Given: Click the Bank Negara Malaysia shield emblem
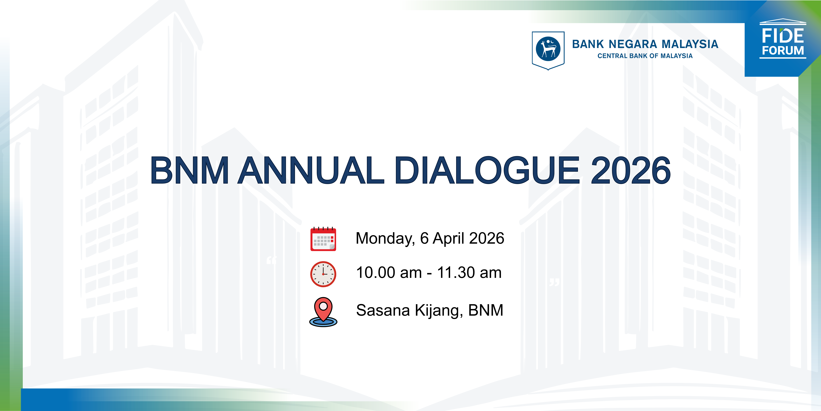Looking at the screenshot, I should [548, 50].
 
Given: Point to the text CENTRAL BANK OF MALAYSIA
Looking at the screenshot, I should [645, 56].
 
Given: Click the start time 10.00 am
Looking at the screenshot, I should [389, 273].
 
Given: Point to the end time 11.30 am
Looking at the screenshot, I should [469, 273].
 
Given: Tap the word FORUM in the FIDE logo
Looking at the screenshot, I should [783, 50].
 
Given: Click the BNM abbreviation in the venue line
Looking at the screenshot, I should [486, 310].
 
